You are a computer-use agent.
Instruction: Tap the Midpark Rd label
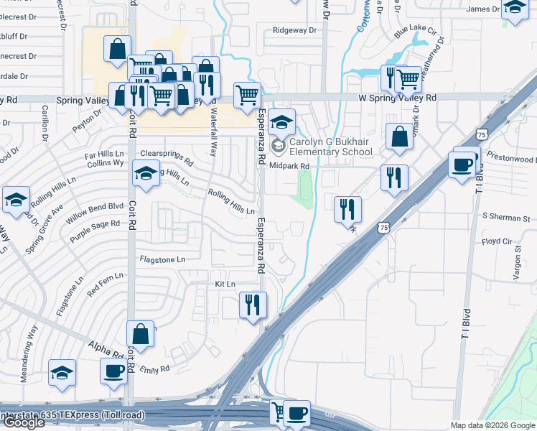click(289, 166)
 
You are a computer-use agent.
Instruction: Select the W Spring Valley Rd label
click(398, 98)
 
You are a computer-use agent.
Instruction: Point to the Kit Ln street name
click(225, 284)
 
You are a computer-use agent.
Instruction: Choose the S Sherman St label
click(505, 217)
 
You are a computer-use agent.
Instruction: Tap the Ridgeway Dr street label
click(294, 31)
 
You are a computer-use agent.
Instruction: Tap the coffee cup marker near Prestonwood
click(460, 164)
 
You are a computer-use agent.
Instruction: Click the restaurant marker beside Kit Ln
click(253, 305)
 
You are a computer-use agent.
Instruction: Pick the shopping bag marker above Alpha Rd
click(140, 334)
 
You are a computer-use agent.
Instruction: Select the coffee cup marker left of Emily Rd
click(113, 371)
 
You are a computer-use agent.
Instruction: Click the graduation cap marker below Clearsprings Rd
click(146, 174)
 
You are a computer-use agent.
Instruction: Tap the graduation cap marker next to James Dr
click(514, 9)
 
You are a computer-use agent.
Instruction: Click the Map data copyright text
click(492, 425)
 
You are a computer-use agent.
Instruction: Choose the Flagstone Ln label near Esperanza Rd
click(162, 259)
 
